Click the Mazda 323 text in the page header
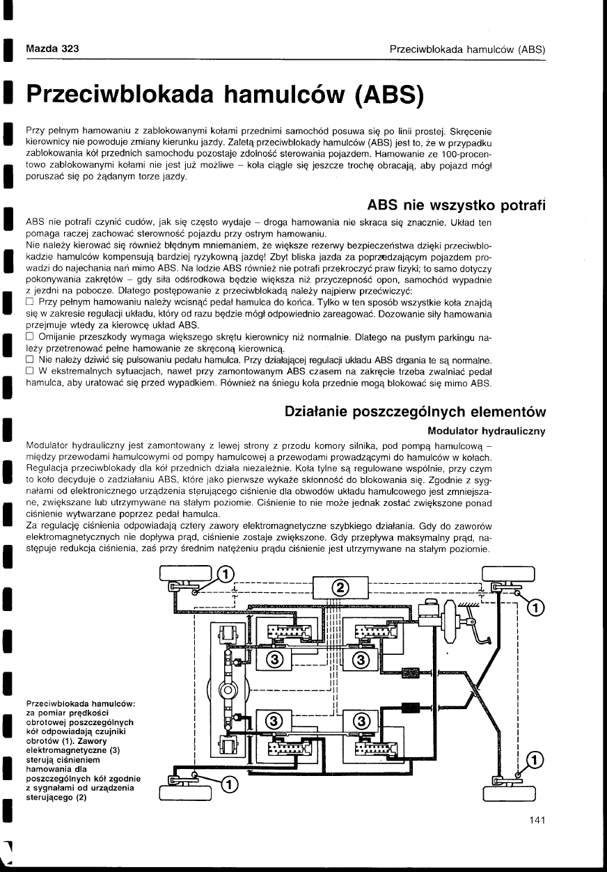click(52, 49)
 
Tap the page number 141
click(537, 821)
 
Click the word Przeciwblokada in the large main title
click(143, 96)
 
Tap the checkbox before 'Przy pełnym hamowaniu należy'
click(30, 301)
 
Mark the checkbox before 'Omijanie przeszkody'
click(30, 339)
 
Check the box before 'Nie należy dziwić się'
click(30, 360)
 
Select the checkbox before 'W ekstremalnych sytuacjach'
click(30, 370)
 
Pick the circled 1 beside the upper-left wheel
click(226, 574)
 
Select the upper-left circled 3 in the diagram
click(274, 659)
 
